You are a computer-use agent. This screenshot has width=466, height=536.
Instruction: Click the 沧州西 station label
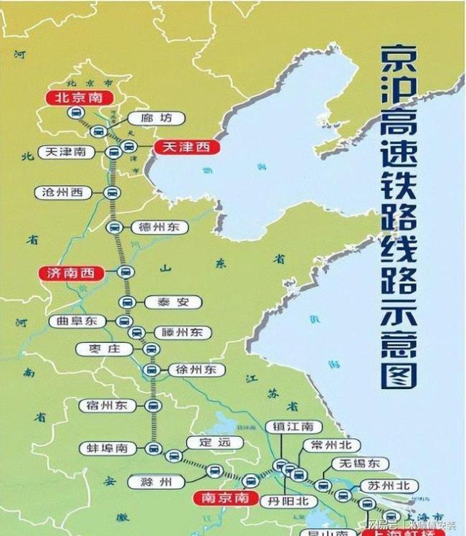(63, 192)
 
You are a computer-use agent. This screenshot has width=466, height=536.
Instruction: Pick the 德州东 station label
(159, 227)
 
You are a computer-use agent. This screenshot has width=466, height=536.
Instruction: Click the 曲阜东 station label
(77, 321)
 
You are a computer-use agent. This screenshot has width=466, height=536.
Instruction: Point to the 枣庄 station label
(104, 349)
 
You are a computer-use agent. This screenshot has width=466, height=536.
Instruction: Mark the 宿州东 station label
(106, 405)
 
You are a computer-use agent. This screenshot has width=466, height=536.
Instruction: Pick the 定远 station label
(209, 443)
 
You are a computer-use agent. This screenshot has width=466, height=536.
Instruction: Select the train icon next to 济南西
(125, 272)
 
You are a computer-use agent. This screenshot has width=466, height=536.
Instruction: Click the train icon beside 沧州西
(112, 192)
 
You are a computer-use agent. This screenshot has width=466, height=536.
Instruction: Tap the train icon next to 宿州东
(153, 405)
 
